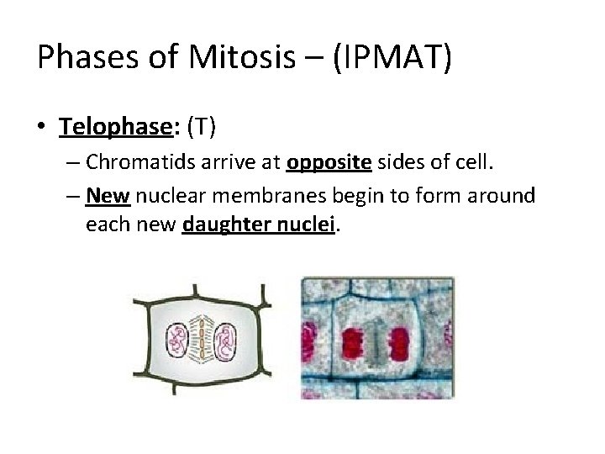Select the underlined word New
click(107, 196)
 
